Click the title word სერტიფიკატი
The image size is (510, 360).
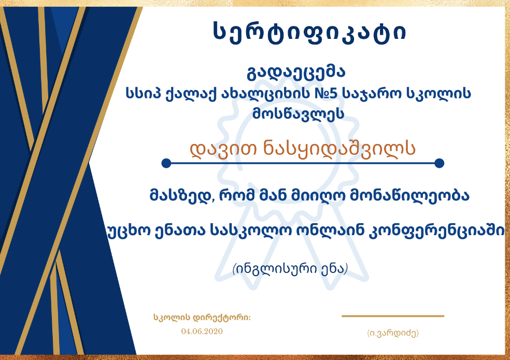point(309,32)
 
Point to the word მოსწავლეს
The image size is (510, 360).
point(298,114)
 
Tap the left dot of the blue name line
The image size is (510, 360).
point(166,163)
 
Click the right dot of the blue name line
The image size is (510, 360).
point(439,163)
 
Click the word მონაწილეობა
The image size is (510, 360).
point(409,196)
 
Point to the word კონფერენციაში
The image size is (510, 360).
point(437,231)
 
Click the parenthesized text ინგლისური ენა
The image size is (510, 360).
point(290,269)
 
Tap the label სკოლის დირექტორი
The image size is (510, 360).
point(202,318)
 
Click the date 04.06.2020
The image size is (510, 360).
point(202,332)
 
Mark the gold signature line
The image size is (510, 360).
point(392,316)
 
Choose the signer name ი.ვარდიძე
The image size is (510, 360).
point(393,333)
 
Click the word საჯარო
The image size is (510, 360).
point(372,94)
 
